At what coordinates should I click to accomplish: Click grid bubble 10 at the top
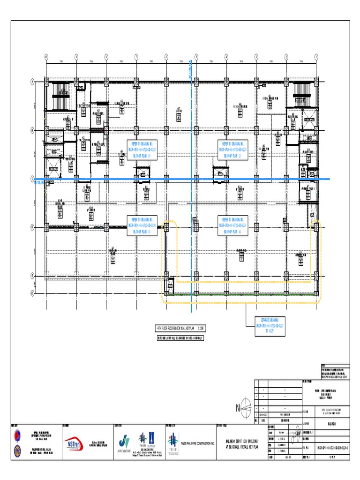46,57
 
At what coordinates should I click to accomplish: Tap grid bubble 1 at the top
316,57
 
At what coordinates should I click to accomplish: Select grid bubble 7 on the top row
136,57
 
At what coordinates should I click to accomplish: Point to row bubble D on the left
32,227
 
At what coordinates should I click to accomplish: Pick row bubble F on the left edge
32,292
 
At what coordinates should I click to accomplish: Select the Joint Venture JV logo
124,443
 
